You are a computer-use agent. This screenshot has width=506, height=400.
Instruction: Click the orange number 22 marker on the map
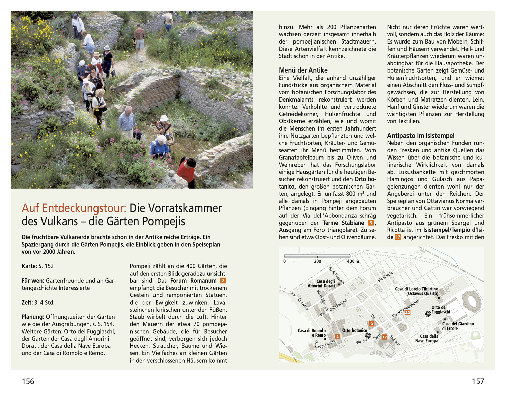tap(407, 312)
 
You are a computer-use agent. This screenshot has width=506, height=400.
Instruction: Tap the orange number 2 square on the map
tap(337, 336)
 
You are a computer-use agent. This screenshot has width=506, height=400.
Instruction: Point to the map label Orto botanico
tap(354, 330)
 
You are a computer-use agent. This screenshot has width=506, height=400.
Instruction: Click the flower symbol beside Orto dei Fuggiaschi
tap(428, 314)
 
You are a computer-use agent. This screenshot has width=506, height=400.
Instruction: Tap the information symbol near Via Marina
tap(316, 344)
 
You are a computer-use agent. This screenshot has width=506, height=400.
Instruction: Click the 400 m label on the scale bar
tap(353, 261)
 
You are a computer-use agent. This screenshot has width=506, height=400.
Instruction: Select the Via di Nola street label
tap(385, 277)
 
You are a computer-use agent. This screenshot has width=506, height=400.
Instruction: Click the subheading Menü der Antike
tap(303, 70)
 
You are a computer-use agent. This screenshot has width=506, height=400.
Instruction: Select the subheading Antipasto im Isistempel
tap(420, 136)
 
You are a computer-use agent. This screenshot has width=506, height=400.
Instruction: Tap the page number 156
tap(28, 381)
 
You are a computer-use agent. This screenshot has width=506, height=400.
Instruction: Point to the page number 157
tap(478, 381)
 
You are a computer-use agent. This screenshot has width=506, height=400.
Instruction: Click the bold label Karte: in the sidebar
tap(29, 266)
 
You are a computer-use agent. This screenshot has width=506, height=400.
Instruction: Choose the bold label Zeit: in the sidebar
tap(27, 303)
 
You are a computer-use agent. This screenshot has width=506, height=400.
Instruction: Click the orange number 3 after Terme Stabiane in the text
tap(371, 223)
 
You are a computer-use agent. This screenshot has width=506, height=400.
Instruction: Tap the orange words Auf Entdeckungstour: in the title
tap(74, 208)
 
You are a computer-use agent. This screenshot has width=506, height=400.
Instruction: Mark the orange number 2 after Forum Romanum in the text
tap(223, 281)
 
